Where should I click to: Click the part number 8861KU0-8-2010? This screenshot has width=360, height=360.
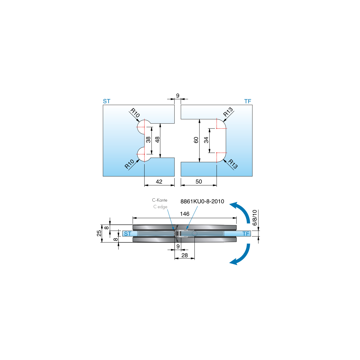tap(202, 201)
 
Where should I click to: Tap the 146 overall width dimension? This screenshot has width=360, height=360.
tap(184, 214)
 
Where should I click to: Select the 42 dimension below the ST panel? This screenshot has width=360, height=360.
tap(159, 181)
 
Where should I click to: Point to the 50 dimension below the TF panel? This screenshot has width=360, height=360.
tap(199, 181)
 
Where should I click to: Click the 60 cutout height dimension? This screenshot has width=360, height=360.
tap(196, 140)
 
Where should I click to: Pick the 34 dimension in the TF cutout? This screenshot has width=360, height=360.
tap(206, 140)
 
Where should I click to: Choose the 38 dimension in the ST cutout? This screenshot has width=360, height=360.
tap(148, 140)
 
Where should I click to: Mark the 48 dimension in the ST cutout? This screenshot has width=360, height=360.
tap(157, 140)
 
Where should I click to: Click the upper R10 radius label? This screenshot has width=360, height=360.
tap(135, 113)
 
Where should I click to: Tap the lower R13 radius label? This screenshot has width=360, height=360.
tap(233, 164)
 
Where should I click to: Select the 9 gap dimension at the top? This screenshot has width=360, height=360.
tap(178, 96)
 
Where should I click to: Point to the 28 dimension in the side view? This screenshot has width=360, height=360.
tap(184, 255)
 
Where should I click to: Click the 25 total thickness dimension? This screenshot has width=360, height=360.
tap(99, 233)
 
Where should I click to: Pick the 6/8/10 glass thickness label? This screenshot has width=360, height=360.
tap(255, 217)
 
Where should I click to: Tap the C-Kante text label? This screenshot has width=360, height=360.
tap(160, 200)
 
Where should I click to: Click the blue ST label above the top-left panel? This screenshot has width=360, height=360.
tap(107, 101)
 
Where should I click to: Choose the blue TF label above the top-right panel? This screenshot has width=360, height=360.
tap(247, 101)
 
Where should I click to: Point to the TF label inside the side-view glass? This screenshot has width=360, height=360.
tap(246, 233)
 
